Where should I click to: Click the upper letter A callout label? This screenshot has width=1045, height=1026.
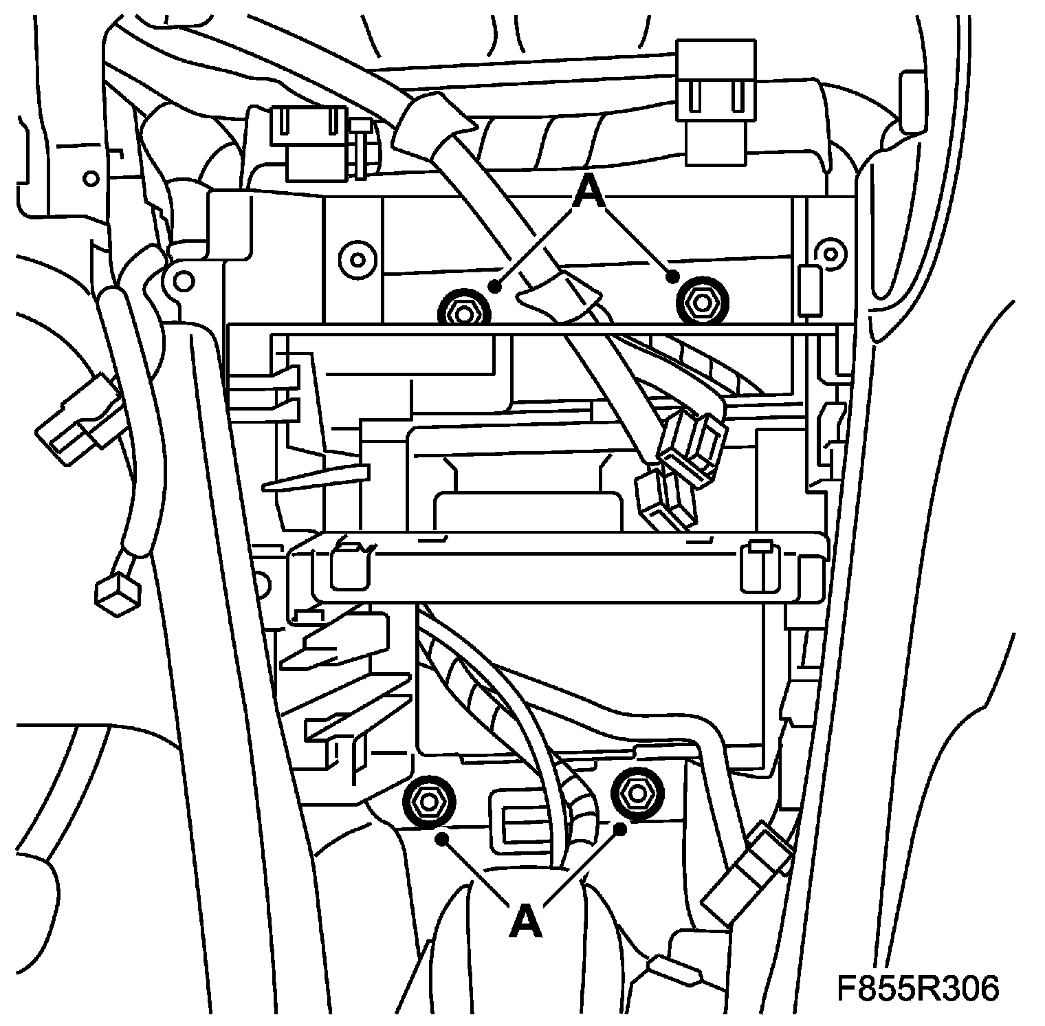(588, 192)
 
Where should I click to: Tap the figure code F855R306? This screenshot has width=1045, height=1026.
(918, 990)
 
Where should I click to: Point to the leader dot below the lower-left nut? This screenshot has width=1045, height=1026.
(441, 838)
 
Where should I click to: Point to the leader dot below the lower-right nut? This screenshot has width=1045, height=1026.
(620, 829)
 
